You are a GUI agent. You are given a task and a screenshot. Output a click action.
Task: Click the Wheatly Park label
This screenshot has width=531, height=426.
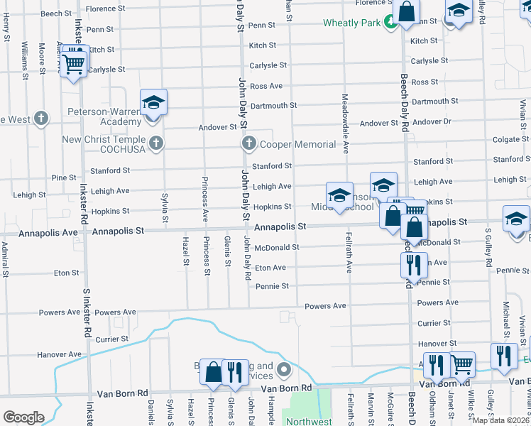[352, 23]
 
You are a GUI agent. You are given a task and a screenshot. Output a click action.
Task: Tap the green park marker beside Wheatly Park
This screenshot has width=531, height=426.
[390, 23]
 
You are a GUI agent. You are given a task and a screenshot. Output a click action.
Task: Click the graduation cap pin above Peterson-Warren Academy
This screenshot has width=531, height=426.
[153, 104]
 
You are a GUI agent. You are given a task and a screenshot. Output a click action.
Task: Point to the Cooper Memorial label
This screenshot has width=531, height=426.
[297, 144]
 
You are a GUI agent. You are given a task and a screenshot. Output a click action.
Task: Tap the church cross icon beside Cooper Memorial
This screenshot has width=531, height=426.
[248, 144]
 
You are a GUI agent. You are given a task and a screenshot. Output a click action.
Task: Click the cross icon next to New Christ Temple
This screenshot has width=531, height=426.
[157, 144]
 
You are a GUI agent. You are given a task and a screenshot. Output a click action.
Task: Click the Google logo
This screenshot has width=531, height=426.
[23, 417]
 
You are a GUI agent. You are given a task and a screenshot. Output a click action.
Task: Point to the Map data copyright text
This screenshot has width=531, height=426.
[500, 420]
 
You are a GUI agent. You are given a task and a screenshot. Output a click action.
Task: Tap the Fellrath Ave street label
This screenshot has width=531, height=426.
[349, 252]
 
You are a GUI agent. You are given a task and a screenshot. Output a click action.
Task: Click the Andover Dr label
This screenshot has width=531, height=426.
[432, 122]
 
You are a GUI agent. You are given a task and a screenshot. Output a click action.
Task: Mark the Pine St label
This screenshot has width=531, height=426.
[64, 177]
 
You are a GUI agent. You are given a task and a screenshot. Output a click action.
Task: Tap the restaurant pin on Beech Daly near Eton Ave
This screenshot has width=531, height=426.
[412, 266]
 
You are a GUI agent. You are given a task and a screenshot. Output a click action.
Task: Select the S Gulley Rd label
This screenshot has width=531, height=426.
[488, 248]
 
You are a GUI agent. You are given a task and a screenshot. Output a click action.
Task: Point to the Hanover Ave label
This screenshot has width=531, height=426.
[60, 354]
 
